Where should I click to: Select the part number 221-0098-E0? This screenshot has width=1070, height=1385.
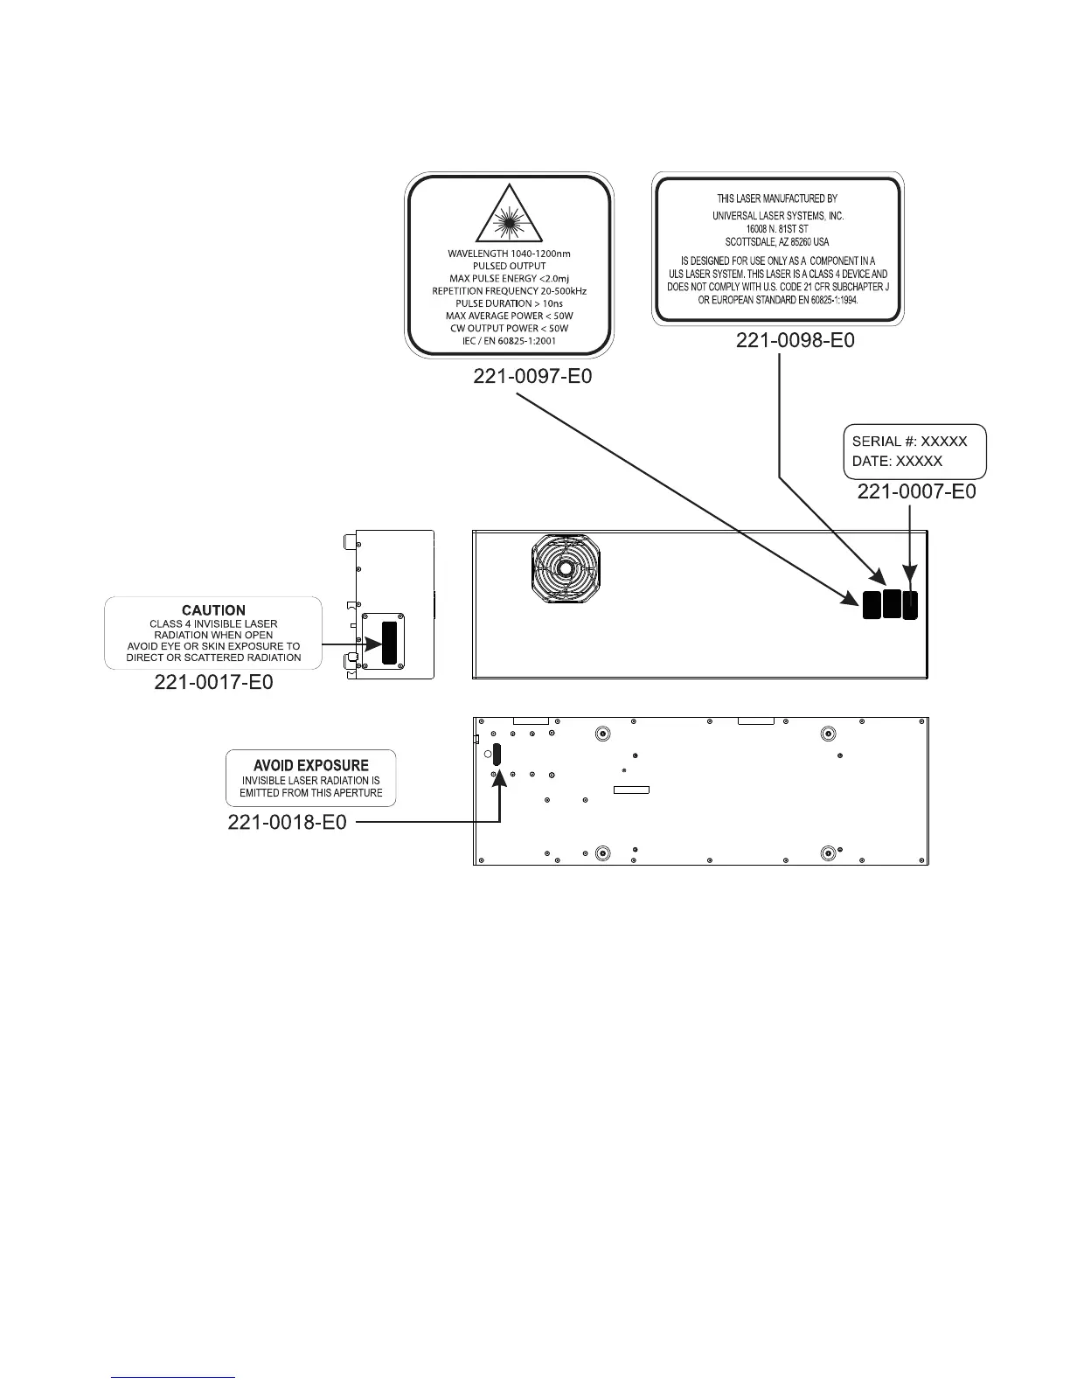(x=795, y=340)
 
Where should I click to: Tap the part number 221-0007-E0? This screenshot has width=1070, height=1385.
(x=916, y=491)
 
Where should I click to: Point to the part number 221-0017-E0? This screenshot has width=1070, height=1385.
(x=213, y=682)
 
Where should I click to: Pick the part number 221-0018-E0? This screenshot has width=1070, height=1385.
(x=287, y=822)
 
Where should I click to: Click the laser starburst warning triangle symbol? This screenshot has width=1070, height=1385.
(x=509, y=218)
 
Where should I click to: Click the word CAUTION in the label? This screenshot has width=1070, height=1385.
(x=213, y=610)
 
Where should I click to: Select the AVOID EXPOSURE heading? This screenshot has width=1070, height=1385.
(x=310, y=765)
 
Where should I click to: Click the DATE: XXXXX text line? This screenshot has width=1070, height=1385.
(x=897, y=461)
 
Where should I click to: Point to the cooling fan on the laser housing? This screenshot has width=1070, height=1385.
(x=566, y=569)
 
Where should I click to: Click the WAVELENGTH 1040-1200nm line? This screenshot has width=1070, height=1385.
(x=509, y=254)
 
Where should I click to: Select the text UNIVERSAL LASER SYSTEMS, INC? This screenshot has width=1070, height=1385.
(x=778, y=216)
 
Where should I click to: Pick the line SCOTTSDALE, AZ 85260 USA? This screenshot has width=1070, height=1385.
(x=777, y=241)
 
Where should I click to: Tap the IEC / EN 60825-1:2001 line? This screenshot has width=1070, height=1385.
(x=509, y=340)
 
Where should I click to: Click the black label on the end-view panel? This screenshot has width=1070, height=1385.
(x=389, y=638)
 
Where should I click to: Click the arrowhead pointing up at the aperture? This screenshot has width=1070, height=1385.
(x=499, y=777)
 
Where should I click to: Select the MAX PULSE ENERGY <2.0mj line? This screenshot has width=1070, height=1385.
(x=509, y=278)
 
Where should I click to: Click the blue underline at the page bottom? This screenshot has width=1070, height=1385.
(x=174, y=1377)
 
